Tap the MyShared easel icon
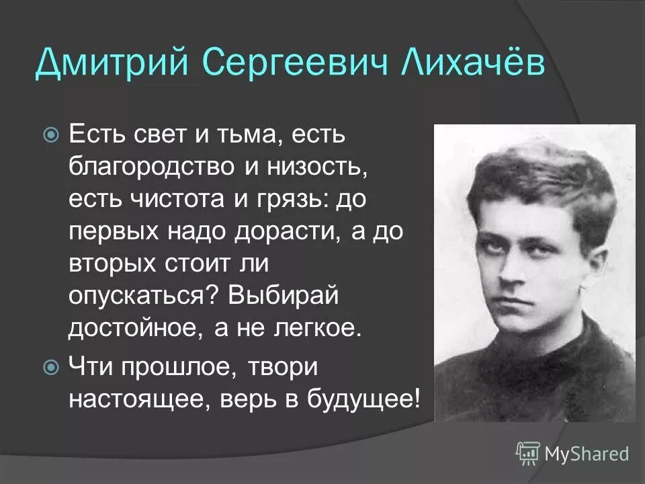tap(528, 453)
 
